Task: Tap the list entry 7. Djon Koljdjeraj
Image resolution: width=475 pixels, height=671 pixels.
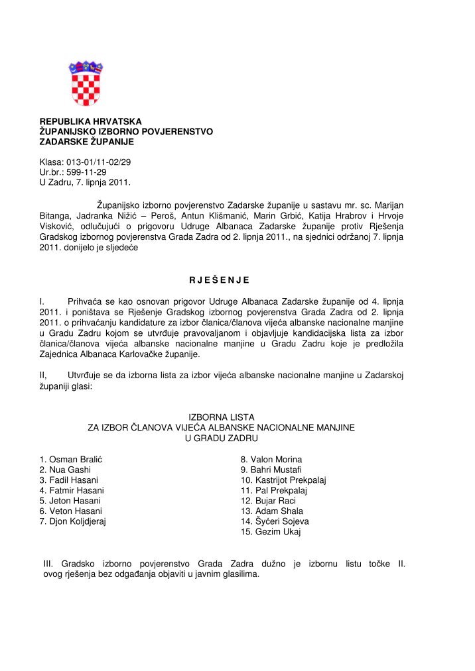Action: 74,521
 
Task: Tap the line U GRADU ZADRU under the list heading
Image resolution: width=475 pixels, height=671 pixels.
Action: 222,439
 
